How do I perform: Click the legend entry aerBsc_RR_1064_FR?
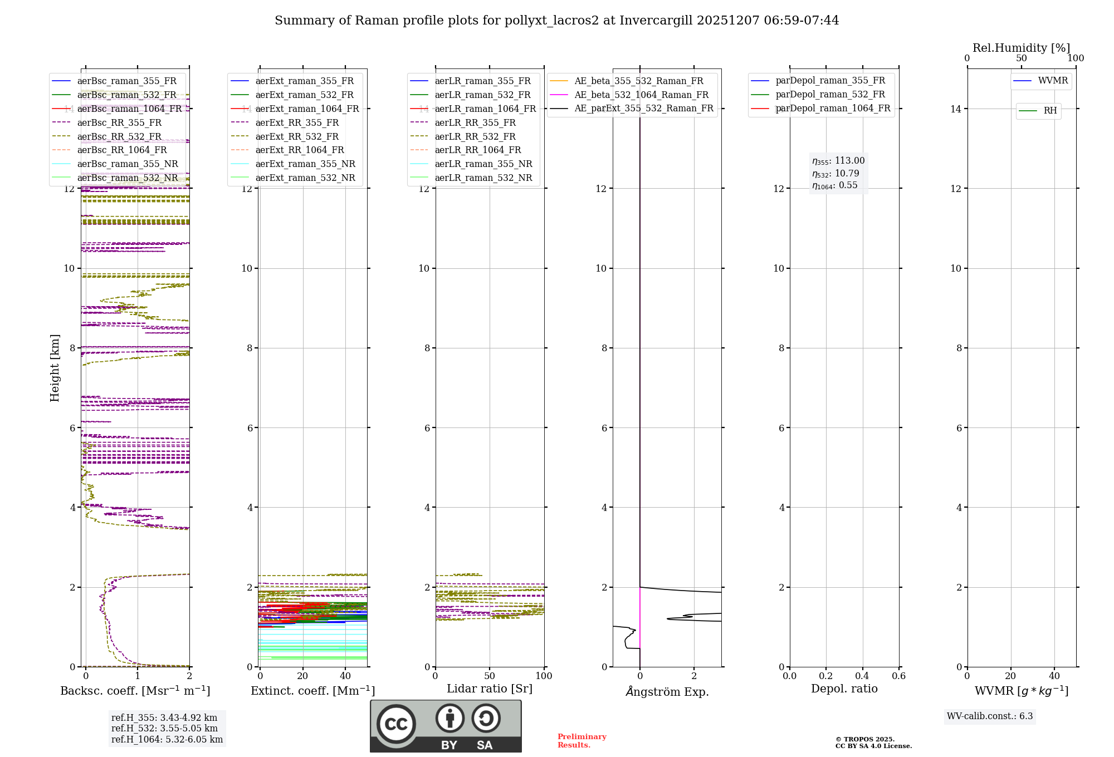point(122,150)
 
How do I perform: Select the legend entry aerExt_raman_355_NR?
point(305,164)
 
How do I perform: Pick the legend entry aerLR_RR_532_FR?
point(475,136)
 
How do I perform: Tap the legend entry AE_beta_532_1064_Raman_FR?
point(641,95)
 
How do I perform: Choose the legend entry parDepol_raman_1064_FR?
point(833,108)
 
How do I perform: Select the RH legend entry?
point(1050,111)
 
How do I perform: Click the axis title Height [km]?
point(55,367)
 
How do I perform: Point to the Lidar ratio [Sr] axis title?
point(490,689)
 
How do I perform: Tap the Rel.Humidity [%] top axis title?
point(1021,48)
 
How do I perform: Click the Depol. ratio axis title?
point(844,689)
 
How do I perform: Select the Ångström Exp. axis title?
point(667,692)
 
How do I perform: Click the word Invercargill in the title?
point(656,21)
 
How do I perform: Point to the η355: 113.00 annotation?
point(838,161)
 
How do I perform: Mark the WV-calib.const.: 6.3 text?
point(990,716)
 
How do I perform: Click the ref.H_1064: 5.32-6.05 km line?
point(167,740)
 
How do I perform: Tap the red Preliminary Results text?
point(582,741)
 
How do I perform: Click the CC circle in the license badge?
point(396,724)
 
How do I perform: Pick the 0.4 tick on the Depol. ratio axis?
point(862,676)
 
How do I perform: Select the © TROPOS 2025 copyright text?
point(864,740)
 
